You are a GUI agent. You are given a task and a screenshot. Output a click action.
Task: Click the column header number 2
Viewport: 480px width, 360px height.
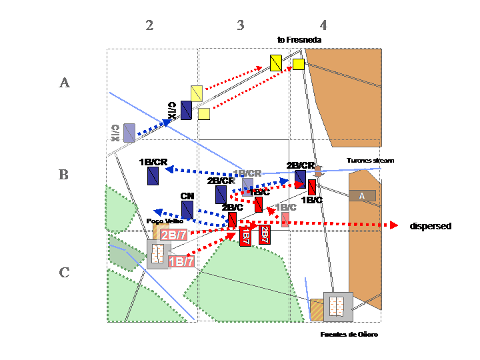point(149,25)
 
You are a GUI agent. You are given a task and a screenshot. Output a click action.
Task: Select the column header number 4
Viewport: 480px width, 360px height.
point(323,25)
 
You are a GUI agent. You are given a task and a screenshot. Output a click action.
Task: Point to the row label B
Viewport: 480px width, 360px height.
point(64,175)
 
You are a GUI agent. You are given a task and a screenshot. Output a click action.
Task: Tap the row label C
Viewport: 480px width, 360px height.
point(64,272)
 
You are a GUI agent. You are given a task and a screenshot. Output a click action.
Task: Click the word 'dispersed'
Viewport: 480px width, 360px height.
point(430,227)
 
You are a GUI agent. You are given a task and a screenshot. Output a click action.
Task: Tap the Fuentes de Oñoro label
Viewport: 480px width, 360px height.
point(349,334)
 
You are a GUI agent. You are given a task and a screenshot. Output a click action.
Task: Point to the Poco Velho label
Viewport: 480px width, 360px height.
point(165,220)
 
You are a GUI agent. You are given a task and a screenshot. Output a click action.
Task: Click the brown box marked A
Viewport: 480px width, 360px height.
point(362,195)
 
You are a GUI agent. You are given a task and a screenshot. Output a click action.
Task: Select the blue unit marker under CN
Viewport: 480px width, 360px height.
point(187,210)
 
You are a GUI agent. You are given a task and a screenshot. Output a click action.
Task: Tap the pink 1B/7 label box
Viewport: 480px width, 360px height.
point(181,261)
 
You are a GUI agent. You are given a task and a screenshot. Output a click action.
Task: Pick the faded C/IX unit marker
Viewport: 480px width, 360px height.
point(129,133)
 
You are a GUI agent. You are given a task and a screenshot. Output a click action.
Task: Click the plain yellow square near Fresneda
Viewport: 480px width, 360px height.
point(299,64)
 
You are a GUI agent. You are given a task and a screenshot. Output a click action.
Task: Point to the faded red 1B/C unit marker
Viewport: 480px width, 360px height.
point(285,219)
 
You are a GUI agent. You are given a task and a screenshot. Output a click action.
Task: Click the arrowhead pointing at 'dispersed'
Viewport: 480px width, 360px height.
point(401,225)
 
